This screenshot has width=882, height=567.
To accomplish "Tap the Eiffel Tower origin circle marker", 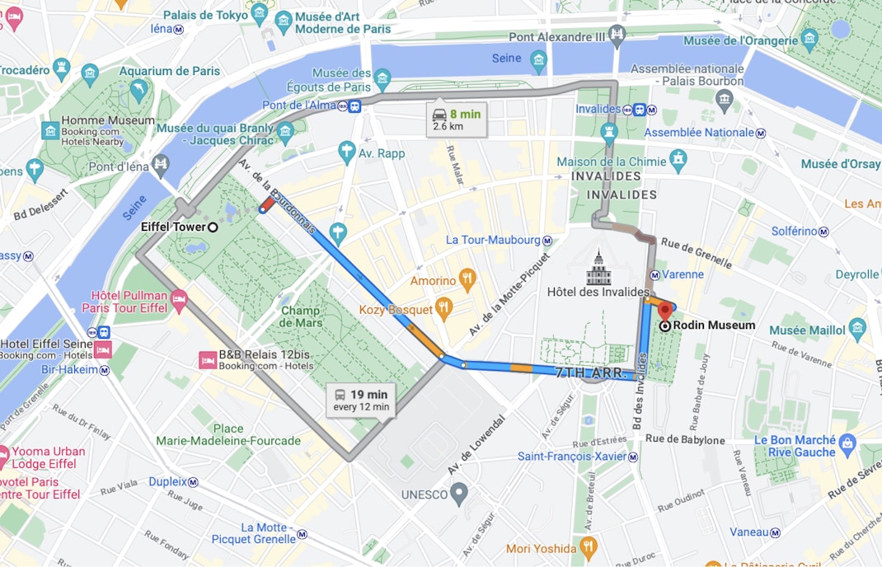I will coord(213,227).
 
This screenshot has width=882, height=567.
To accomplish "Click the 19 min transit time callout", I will coord(361,400).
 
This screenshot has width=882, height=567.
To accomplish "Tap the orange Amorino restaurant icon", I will coord(467,279).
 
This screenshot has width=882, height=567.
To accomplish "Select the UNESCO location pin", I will coord(460,494).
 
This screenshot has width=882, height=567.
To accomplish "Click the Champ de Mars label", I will coord(300,317).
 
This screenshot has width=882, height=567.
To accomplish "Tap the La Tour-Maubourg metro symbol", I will coord(547,240).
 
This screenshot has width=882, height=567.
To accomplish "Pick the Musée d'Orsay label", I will coord(840,164).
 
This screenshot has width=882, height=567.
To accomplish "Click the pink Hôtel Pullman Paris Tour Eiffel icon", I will coord(179,298).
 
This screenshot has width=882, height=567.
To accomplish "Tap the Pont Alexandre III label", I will coord(556,36).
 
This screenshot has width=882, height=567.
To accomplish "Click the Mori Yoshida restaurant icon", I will coord(588,548).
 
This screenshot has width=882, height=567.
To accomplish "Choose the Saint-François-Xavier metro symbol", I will coord(632,457).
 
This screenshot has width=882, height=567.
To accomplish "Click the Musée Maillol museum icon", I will coord(856,330).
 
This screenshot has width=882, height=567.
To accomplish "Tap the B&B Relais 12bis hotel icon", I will coord(207,359).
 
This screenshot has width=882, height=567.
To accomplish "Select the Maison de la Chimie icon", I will coord(678,158).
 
